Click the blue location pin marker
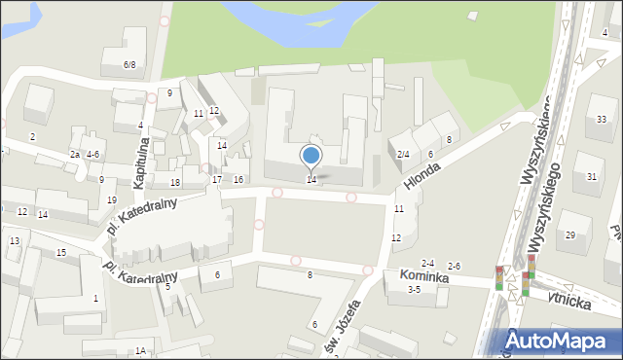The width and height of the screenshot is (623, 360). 311,156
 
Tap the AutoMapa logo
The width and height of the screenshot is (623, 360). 563,340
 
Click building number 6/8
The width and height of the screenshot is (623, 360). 129,64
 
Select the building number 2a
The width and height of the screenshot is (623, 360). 74,155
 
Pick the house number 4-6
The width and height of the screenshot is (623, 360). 92,154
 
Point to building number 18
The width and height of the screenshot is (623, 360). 175,183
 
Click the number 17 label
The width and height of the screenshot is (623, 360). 216,180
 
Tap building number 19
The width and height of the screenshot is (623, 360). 111,199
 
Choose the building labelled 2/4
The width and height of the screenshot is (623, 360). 403,154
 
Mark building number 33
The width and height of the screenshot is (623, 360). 601,119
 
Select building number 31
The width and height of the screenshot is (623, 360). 592,176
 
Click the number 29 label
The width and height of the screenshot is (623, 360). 570,234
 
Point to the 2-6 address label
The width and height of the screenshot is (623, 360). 454,266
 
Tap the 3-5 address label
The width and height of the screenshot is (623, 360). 414,289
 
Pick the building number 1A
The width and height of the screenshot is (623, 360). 141,350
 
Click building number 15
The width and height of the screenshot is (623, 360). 61,253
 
